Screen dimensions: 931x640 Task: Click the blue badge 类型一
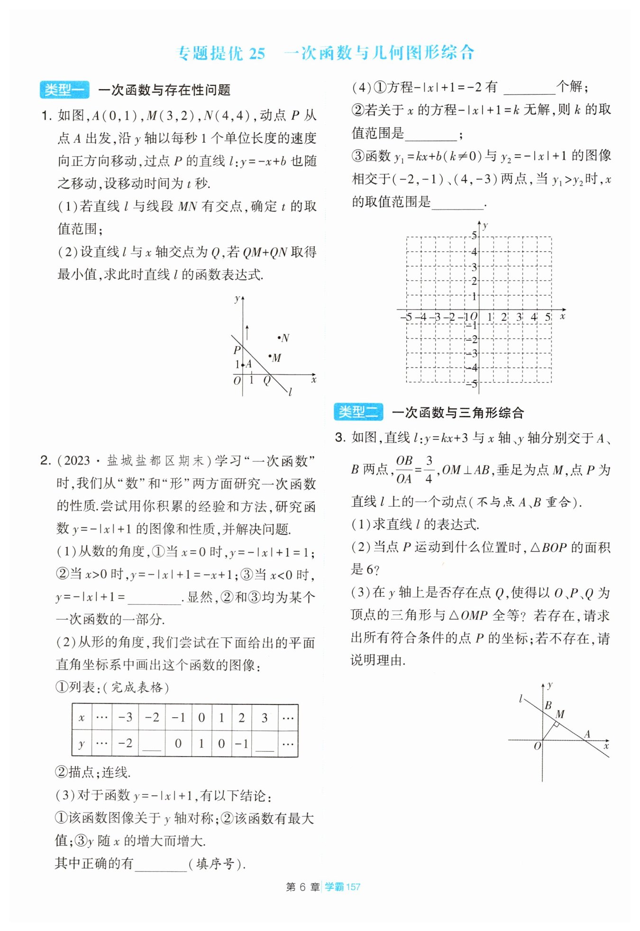64,90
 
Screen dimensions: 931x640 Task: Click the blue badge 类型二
358,412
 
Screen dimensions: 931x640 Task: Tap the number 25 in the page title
257,53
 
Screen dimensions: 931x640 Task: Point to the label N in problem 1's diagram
285,338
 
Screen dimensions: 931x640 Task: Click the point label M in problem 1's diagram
277,358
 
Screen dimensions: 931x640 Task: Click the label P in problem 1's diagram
237,350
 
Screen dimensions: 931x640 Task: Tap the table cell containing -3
125,717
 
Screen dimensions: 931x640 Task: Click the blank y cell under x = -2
152,743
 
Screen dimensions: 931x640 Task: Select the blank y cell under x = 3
265,743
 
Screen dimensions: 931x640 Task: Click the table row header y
82,743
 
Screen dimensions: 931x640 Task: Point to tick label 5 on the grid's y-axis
474,235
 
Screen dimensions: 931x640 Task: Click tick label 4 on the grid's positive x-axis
534,317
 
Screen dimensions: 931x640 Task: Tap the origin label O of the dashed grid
474,317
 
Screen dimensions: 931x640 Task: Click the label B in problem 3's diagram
548,705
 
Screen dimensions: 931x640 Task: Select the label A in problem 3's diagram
587,734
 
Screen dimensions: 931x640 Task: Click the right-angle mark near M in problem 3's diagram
557,724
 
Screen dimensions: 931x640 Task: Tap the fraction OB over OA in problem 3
404,469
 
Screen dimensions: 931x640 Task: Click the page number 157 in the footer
353,886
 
